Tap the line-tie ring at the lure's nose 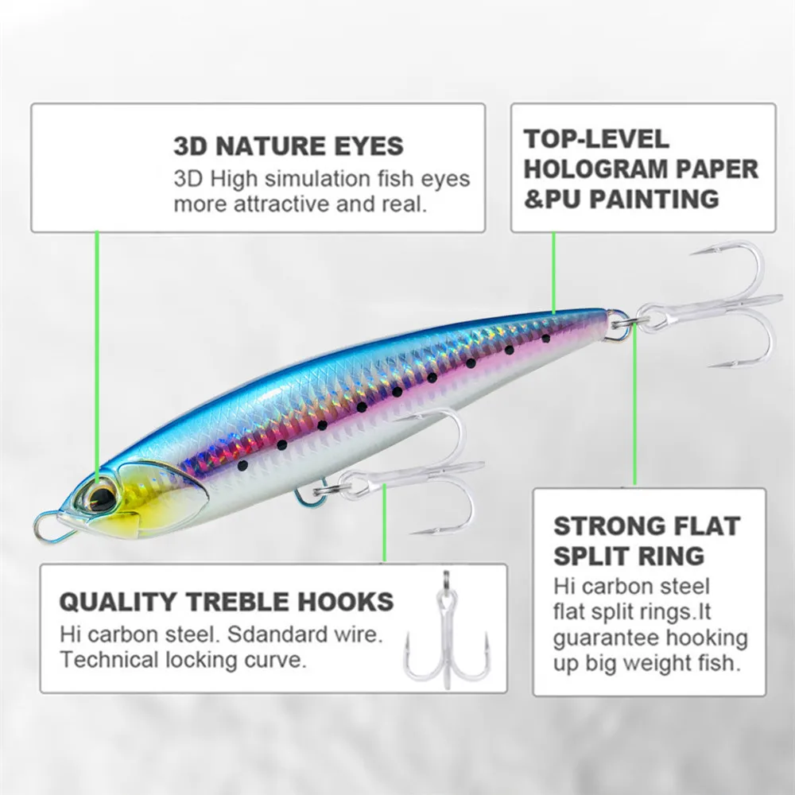(48, 526)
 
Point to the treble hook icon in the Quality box (447, 636)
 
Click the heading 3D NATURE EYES (289, 146)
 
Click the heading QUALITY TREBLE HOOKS (227, 602)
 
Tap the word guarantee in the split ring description (607, 639)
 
